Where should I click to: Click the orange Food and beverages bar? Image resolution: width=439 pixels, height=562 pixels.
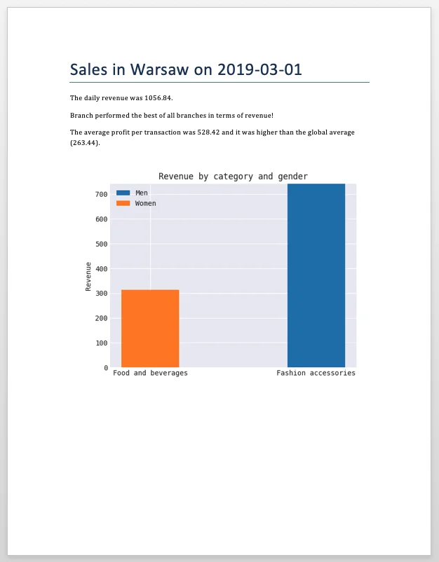click(150, 328)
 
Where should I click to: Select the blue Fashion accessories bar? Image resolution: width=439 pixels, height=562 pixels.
click(316, 275)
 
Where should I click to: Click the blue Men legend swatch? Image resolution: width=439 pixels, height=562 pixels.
click(123, 193)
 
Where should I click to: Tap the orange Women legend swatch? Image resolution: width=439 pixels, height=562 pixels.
click(123, 203)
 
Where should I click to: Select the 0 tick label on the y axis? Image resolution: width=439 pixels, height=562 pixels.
click(105, 367)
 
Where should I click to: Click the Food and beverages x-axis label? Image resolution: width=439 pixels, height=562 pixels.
click(150, 373)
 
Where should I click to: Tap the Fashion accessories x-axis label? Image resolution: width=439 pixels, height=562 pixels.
click(316, 373)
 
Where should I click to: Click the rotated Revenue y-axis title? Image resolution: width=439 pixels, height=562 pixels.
click(88, 276)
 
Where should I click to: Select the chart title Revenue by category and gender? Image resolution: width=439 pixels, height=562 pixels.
click(233, 177)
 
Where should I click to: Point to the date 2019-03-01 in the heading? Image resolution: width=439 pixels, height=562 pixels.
click(260, 69)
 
